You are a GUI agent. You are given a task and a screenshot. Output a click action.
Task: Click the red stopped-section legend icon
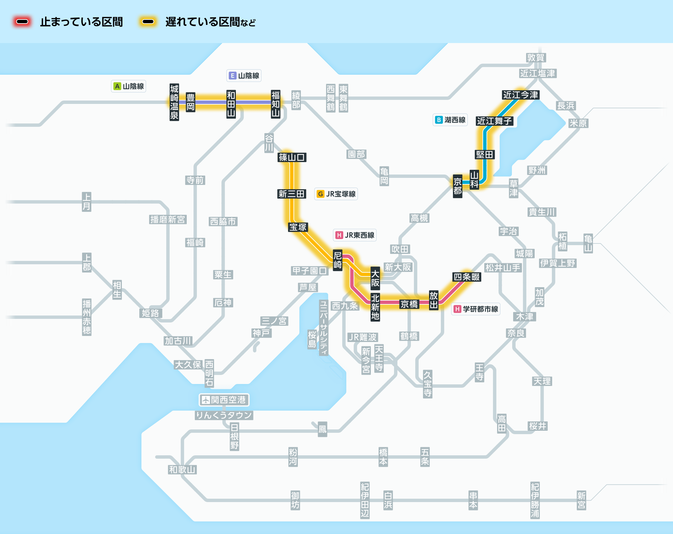[x=22, y=22]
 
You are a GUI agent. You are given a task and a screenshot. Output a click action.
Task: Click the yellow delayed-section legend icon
[x=148, y=22]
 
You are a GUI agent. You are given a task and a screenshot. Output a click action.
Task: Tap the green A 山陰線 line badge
[x=129, y=86]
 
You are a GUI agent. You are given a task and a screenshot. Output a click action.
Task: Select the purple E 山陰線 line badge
[x=244, y=76]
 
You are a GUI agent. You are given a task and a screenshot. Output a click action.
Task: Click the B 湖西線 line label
[x=450, y=120]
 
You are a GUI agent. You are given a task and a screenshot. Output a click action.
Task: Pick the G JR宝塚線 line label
[x=336, y=194]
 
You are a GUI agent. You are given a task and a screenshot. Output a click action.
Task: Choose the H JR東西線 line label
[x=355, y=235]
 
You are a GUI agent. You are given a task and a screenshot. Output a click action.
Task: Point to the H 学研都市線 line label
[x=476, y=309]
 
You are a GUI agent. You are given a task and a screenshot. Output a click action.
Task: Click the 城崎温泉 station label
[x=174, y=102]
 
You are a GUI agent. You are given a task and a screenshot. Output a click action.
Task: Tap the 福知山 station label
[x=276, y=104]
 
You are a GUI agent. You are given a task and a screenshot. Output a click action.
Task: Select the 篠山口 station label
[x=292, y=157]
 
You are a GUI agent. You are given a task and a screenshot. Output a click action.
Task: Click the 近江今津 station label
[x=521, y=95]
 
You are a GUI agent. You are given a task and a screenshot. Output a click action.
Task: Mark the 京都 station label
[x=457, y=186]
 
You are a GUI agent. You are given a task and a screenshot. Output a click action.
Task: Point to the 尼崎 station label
[x=338, y=260]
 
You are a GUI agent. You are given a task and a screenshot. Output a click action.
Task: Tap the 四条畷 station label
[x=467, y=277]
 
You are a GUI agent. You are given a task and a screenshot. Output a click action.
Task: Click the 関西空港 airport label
[x=224, y=400]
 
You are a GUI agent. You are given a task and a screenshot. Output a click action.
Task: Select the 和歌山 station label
[x=182, y=470]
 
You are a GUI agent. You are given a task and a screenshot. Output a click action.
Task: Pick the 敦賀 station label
[x=536, y=58]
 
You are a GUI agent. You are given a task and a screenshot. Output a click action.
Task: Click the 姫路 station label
[x=150, y=313]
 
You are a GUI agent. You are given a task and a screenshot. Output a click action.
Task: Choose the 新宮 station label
[x=581, y=500]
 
